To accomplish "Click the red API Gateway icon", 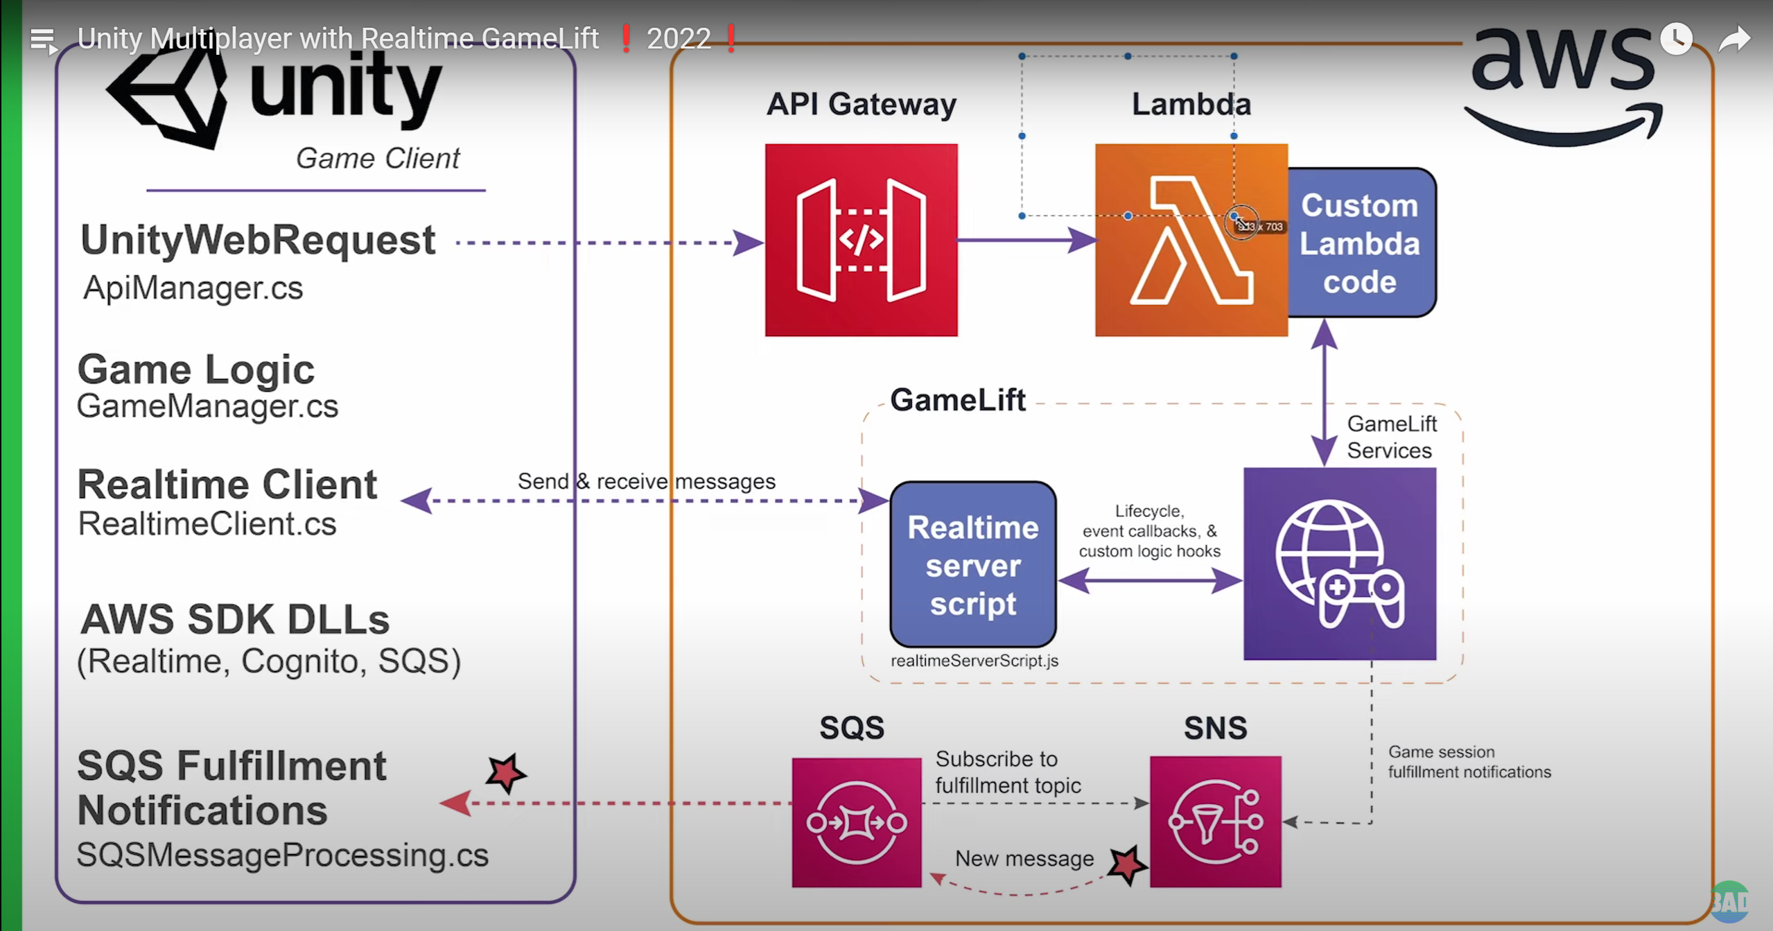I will pos(861,240).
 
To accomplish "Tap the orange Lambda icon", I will pos(1191,240).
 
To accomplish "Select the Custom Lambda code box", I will pos(1360,243).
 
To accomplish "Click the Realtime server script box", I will pos(972,565).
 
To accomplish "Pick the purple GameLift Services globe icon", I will pos(1339,564).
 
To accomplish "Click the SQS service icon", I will pos(857,822).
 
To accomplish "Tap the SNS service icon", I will pos(1215,822).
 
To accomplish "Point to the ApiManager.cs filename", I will pos(193,288).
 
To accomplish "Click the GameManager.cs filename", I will pos(207,406).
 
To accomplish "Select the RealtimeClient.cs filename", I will pos(207,523).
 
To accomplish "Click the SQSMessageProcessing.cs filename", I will pos(282,855).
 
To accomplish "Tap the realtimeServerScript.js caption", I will pos(974,661).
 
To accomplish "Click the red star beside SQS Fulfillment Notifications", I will pos(505,772).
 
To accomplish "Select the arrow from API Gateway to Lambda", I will pos(1026,241).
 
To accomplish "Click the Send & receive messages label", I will pos(646,481).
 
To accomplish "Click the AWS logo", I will pos(1562,83).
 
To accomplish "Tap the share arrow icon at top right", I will pos(1734,40).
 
